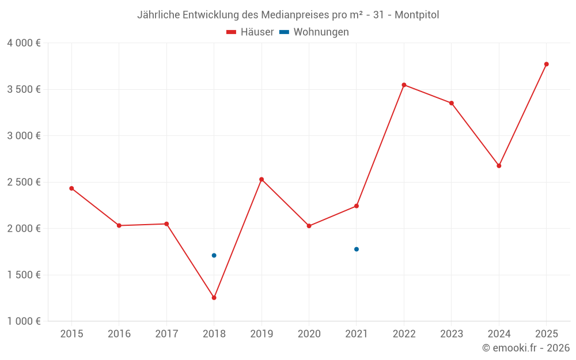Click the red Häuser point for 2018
pos(214,298)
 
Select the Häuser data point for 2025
pos(547,64)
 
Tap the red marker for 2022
pos(404,85)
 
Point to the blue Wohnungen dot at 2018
pos(214,255)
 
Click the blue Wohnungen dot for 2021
pos(357,249)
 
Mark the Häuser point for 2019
pos(262,179)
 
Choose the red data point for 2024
pos(499,165)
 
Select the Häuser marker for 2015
pos(71,188)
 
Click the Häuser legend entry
pos(251,32)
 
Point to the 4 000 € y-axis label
pos(24,43)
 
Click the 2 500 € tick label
pos(24,182)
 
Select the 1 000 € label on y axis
pos(24,321)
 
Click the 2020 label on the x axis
pos(309,334)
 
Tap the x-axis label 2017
pos(166,334)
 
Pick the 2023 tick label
pos(452,334)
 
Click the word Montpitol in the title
pos(416,15)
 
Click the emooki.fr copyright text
pos(526,348)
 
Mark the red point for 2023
pos(452,103)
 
